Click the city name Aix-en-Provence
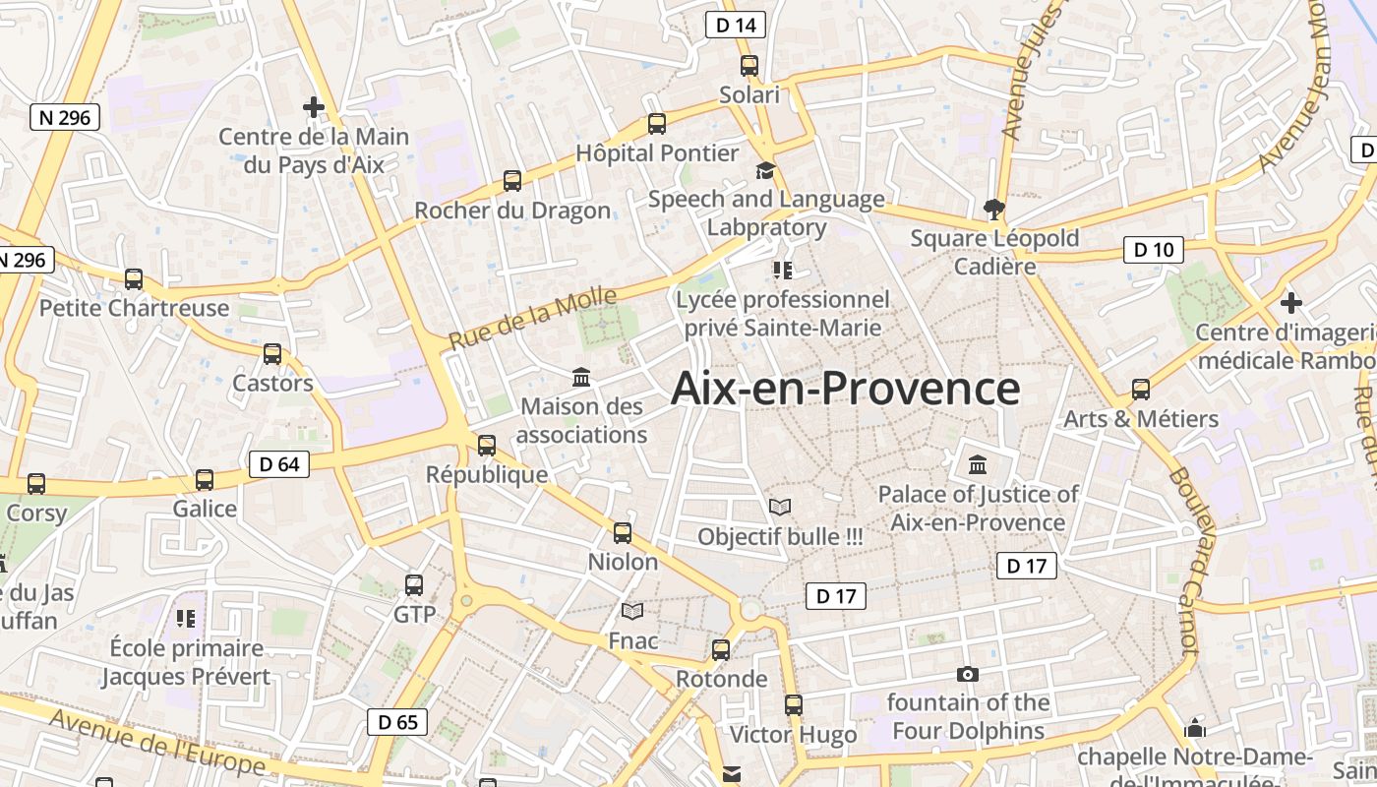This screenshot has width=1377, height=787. coord(845,389)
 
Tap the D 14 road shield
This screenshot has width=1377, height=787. coord(736,26)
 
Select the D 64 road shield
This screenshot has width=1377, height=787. coord(279,464)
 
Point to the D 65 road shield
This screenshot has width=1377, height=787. coord(398,722)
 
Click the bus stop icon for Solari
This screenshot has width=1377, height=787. coord(749,66)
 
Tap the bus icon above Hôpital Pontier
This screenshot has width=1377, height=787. coord(657,124)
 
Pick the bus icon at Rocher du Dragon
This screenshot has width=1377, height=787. coord(512,181)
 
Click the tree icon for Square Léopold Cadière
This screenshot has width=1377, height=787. coord(994,209)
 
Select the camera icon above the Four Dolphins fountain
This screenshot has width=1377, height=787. coord(968,674)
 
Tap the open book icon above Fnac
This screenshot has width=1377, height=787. coord(632,612)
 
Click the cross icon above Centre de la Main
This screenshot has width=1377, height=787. coord(314,106)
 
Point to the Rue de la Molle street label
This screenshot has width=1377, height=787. coord(533,318)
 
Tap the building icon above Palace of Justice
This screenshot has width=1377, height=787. coord(978,464)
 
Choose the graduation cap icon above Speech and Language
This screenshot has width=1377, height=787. coord(765,171)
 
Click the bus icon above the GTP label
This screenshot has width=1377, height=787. coord(414,585)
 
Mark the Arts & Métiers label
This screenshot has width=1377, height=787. coord(1141,419)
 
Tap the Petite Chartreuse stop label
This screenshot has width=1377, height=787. coord(134,308)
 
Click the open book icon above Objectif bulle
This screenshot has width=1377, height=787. coord(780,507)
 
